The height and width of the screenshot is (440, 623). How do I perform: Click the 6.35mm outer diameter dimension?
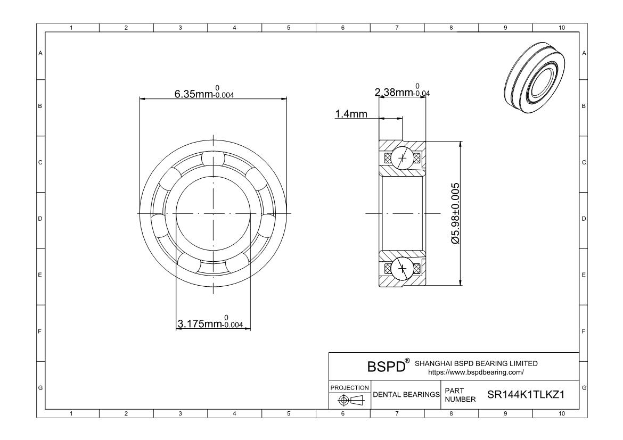pos(204,92)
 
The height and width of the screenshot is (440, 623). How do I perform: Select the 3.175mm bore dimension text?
pos(210,322)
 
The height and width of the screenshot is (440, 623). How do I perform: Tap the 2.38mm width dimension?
pos(402,90)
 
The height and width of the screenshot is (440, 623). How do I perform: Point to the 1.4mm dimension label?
pos(351,114)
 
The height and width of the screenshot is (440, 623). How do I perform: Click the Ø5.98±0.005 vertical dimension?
pos(455,213)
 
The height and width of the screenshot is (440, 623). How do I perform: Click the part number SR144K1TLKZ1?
pos(526,394)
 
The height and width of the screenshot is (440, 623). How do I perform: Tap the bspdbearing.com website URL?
pos(476,372)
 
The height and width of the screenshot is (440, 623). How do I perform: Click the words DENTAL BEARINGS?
pos(406,394)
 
